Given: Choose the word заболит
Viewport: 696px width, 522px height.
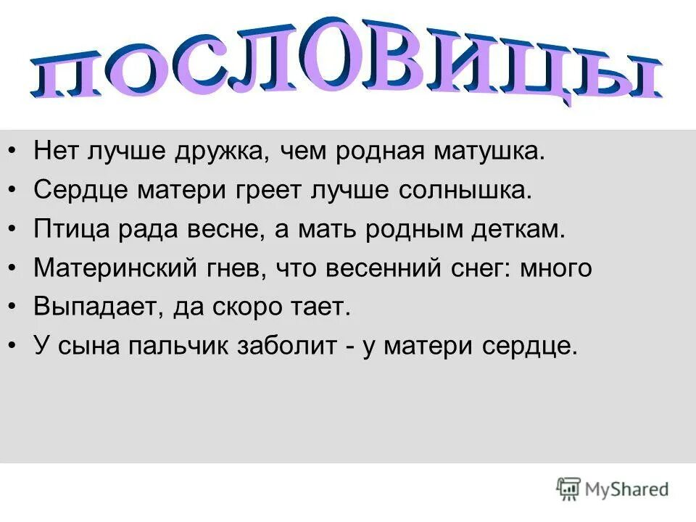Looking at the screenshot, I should tap(284, 347).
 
